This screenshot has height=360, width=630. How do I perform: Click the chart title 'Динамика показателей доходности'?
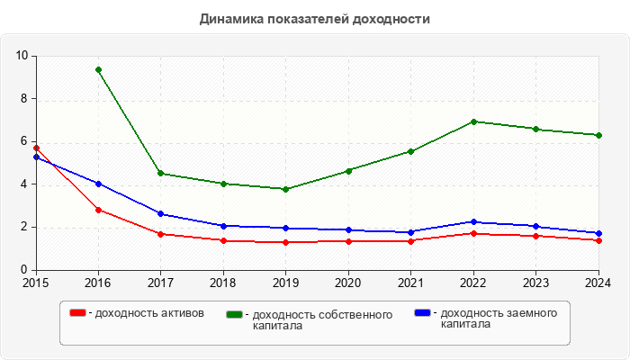(315, 19)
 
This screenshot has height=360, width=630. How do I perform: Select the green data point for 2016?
(98, 69)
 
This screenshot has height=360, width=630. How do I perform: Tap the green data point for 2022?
(474, 121)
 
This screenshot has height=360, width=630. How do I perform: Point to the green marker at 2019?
(286, 189)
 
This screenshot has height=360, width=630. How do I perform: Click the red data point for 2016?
(98, 210)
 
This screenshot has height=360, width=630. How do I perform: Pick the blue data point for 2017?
(161, 213)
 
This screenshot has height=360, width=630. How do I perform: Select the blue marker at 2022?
(474, 221)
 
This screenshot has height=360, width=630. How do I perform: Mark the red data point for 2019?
(286, 242)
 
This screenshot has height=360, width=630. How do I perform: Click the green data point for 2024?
(599, 135)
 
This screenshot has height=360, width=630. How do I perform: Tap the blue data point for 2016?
(98, 184)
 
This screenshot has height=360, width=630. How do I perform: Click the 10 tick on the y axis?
(22, 56)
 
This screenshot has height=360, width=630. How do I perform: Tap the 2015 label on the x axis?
(36, 283)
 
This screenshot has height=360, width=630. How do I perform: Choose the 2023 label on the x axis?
(536, 283)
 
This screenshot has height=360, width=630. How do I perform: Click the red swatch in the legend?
(78, 312)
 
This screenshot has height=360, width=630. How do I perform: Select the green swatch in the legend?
(236, 314)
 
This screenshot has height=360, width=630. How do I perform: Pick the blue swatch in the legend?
(422, 312)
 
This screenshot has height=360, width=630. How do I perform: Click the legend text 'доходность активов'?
(148, 313)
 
